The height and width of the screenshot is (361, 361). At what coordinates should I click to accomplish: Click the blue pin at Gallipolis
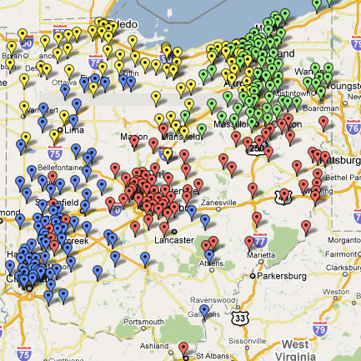coord(204,312)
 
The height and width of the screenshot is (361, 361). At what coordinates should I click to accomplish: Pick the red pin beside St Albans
coord(183,348)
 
